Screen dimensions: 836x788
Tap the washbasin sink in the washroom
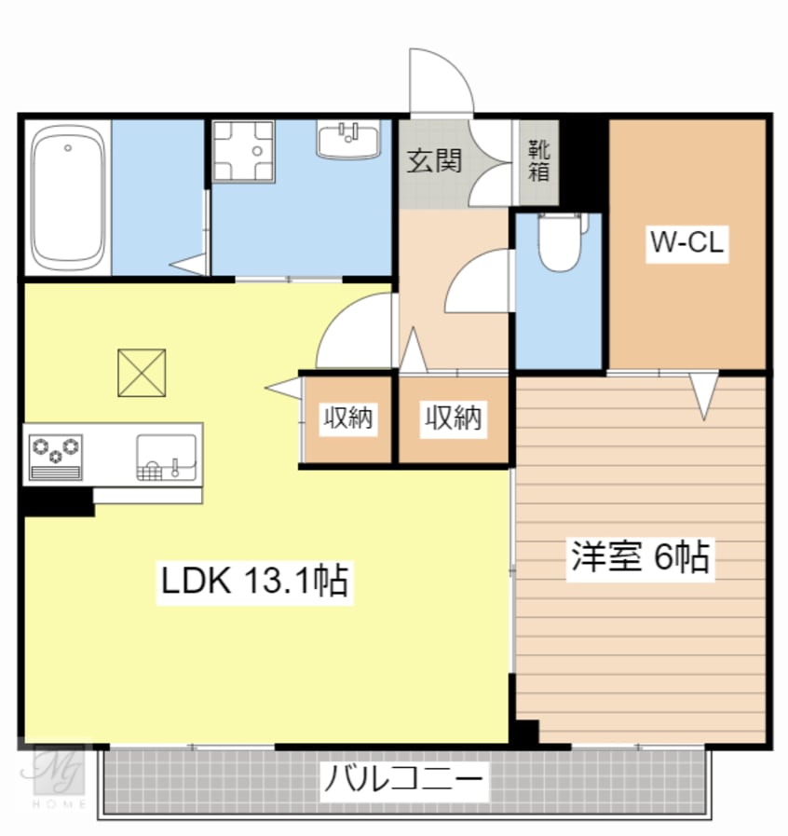click(x=349, y=140)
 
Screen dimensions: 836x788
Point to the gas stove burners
click(x=57, y=451)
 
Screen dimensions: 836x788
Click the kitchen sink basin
click(x=167, y=454)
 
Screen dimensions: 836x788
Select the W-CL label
click(x=687, y=244)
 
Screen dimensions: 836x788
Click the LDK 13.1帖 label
click(x=254, y=582)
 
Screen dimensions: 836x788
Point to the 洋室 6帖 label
click(x=640, y=557)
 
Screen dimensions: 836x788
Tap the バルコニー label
click(x=403, y=779)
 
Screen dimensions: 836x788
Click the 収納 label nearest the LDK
click(x=348, y=418)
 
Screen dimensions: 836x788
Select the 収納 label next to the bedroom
click(x=454, y=418)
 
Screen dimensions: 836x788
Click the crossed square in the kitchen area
click(x=142, y=372)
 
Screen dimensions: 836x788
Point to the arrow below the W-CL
click(x=704, y=393)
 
